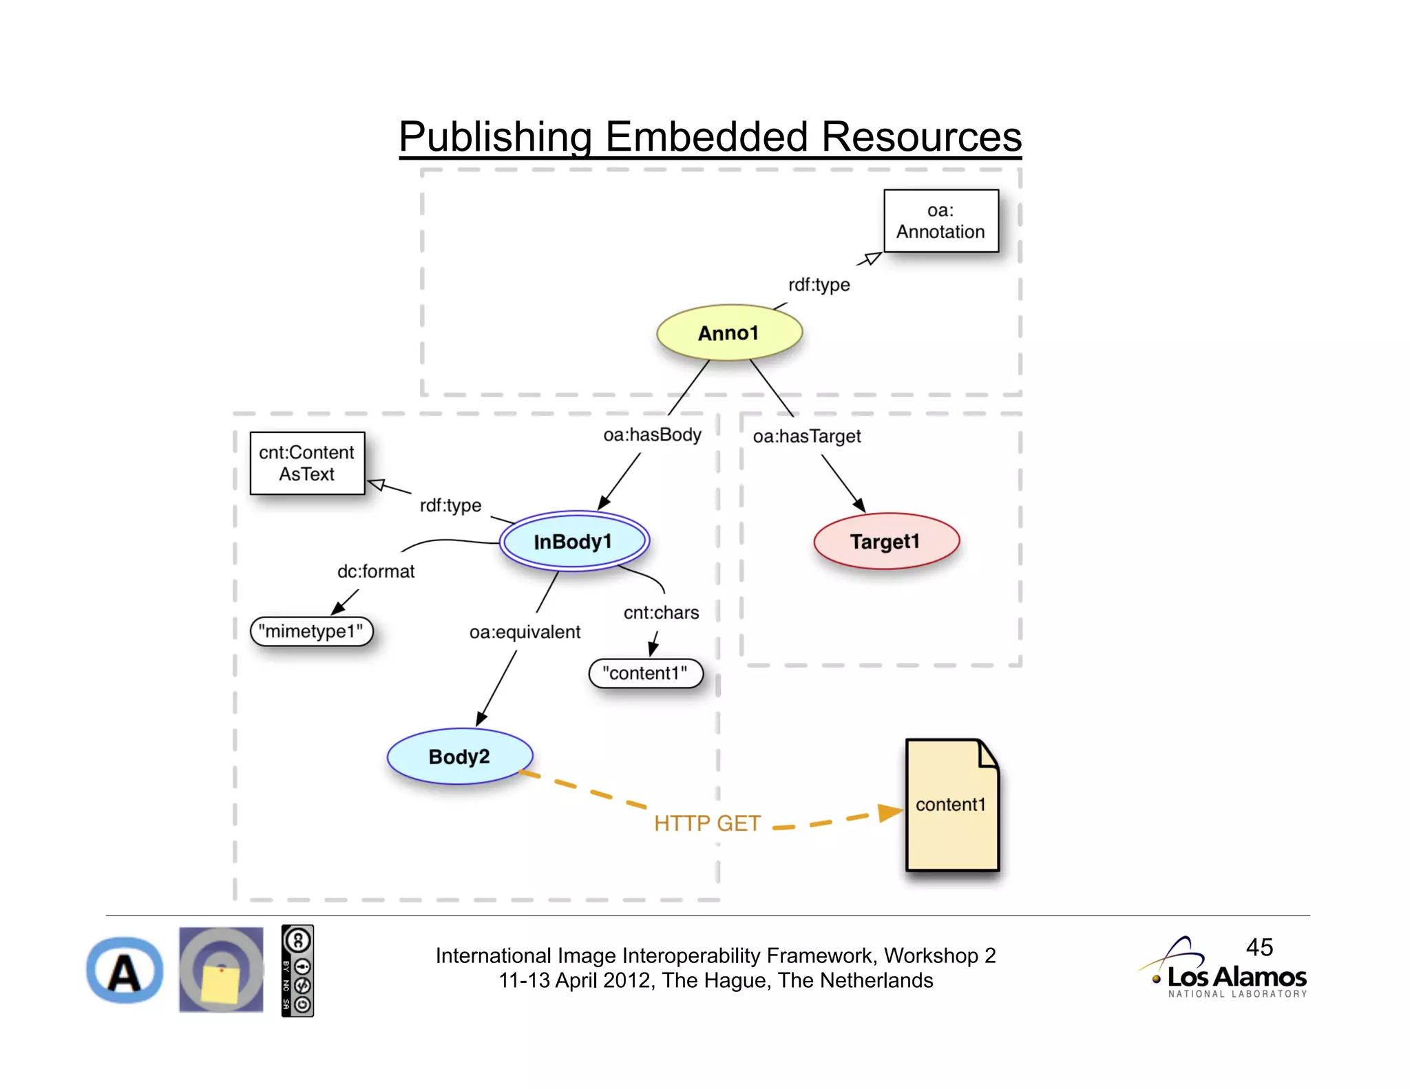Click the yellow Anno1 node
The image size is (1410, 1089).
click(729, 333)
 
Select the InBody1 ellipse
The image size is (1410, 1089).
click(574, 542)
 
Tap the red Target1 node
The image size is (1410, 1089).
click(885, 542)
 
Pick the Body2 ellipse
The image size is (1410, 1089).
click(459, 757)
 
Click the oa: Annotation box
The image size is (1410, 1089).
click(940, 221)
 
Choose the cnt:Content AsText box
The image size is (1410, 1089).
click(307, 463)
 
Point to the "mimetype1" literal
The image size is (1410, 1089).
click(311, 631)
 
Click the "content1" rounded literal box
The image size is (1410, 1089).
click(645, 673)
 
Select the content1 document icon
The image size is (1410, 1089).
click(951, 805)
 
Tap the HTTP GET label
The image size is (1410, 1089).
click(707, 823)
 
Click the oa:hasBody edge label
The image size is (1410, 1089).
click(652, 435)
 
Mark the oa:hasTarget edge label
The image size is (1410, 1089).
click(806, 436)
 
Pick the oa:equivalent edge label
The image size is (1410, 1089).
click(525, 632)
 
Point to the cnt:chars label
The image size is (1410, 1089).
click(661, 613)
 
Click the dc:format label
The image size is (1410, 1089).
click(376, 571)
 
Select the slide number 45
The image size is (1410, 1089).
click(1259, 947)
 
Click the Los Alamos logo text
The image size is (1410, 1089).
click(1237, 977)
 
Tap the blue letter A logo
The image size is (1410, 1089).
click(125, 971)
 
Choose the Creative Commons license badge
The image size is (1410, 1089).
click(297, 971)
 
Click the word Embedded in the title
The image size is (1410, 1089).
click(706, 137)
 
